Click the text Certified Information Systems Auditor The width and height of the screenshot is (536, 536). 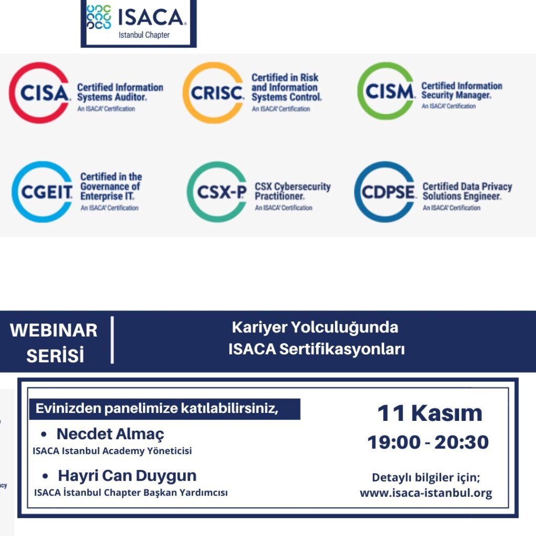tap(120, 92)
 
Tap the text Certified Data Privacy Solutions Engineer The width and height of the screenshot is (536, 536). tap(467, 192)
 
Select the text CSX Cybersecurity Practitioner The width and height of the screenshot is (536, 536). tap(293, 192)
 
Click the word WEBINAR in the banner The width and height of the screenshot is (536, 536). tap(54, 331)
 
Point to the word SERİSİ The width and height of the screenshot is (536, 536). tap(55, 355)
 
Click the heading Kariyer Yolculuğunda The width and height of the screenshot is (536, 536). tap(315, 328)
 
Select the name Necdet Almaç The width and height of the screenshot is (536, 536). tap(110, 434)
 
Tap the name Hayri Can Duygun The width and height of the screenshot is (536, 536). tap(127, 476)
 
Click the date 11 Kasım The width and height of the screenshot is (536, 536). tap(430, 414)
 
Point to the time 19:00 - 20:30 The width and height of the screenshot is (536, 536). tap(428, 442)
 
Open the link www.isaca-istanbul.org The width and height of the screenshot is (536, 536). tap(426, 493)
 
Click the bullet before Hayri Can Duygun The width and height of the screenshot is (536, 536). tap(45, 476)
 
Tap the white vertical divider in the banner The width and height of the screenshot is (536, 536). tap(112, 340)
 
